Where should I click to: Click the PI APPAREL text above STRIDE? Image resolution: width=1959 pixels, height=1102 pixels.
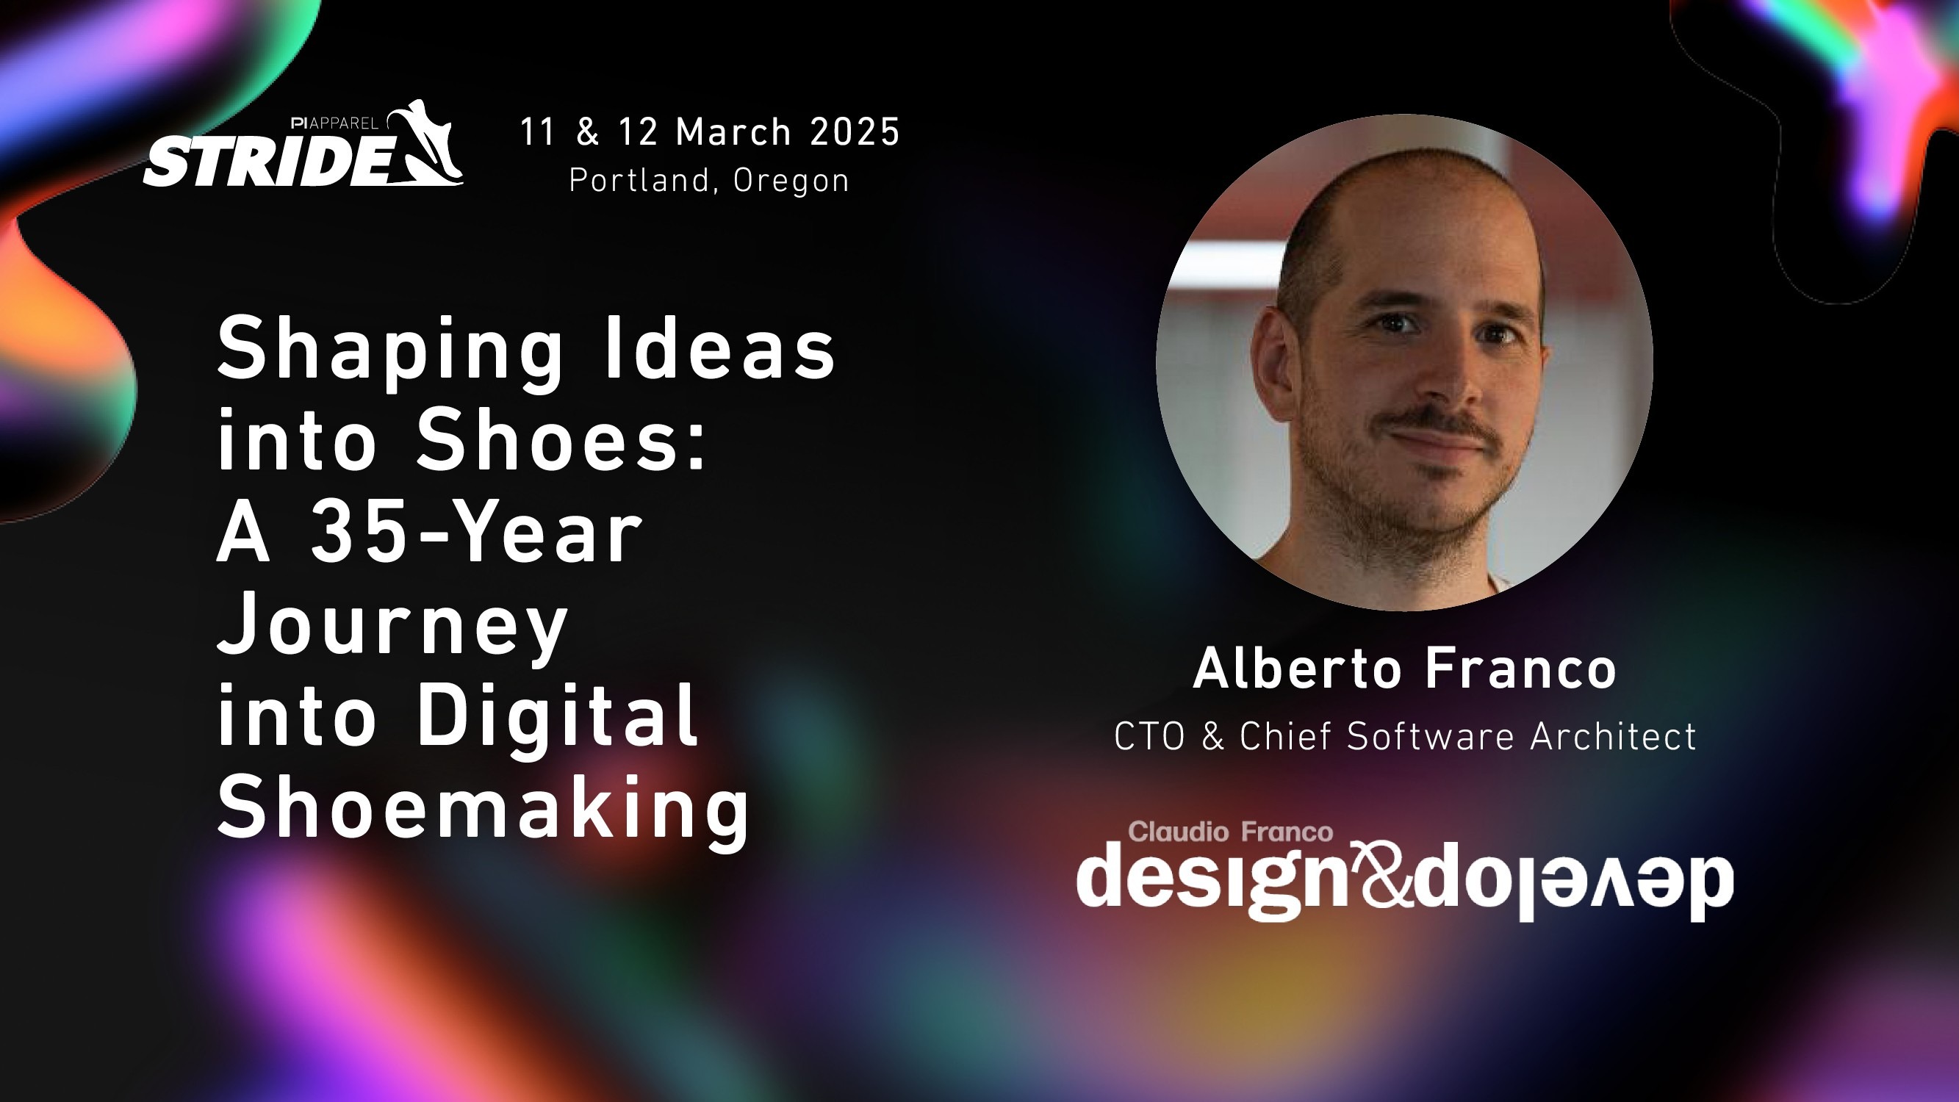click(334, 123)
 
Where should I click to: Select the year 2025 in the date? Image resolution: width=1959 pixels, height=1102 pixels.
click(855, 132)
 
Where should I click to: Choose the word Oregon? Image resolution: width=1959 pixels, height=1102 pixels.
click(791, 181)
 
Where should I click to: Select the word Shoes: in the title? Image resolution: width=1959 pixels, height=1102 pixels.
click(562, 442)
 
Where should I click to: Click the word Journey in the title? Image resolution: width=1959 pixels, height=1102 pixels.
click(392, 625)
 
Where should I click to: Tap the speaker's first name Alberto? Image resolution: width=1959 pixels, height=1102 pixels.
click(1298, 669)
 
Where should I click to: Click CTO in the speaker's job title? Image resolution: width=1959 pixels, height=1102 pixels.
click(1149, 736)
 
